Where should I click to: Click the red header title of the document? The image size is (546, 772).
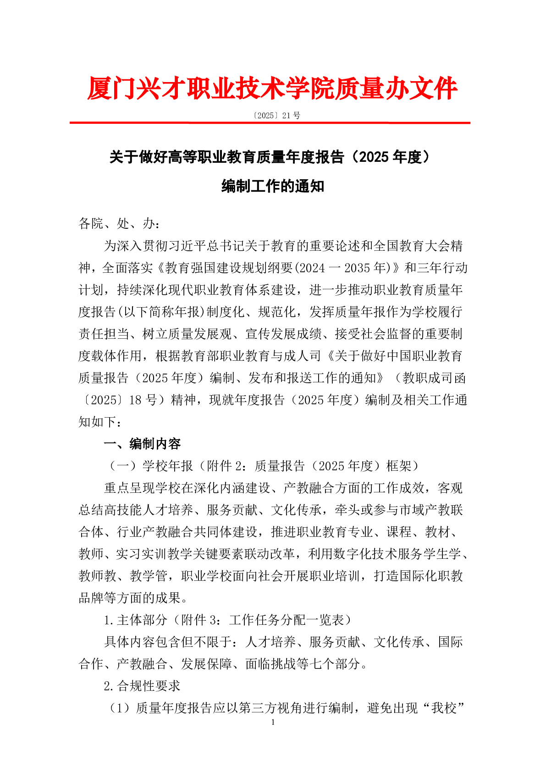tap(272, 88)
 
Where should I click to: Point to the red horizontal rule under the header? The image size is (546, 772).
tap(270, 123)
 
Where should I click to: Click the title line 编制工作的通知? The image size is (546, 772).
tap(273, 187)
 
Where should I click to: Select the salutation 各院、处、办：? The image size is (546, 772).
tap(119, 224)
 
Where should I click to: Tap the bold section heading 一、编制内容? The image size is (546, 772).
tap(142, 444)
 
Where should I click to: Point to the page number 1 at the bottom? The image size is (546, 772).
tap(273, 722)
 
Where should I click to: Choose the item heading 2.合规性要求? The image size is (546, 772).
tap(142, 686)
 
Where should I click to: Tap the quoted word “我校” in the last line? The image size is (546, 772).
tap(443, 708)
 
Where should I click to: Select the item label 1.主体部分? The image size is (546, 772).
tap(135, 620)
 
